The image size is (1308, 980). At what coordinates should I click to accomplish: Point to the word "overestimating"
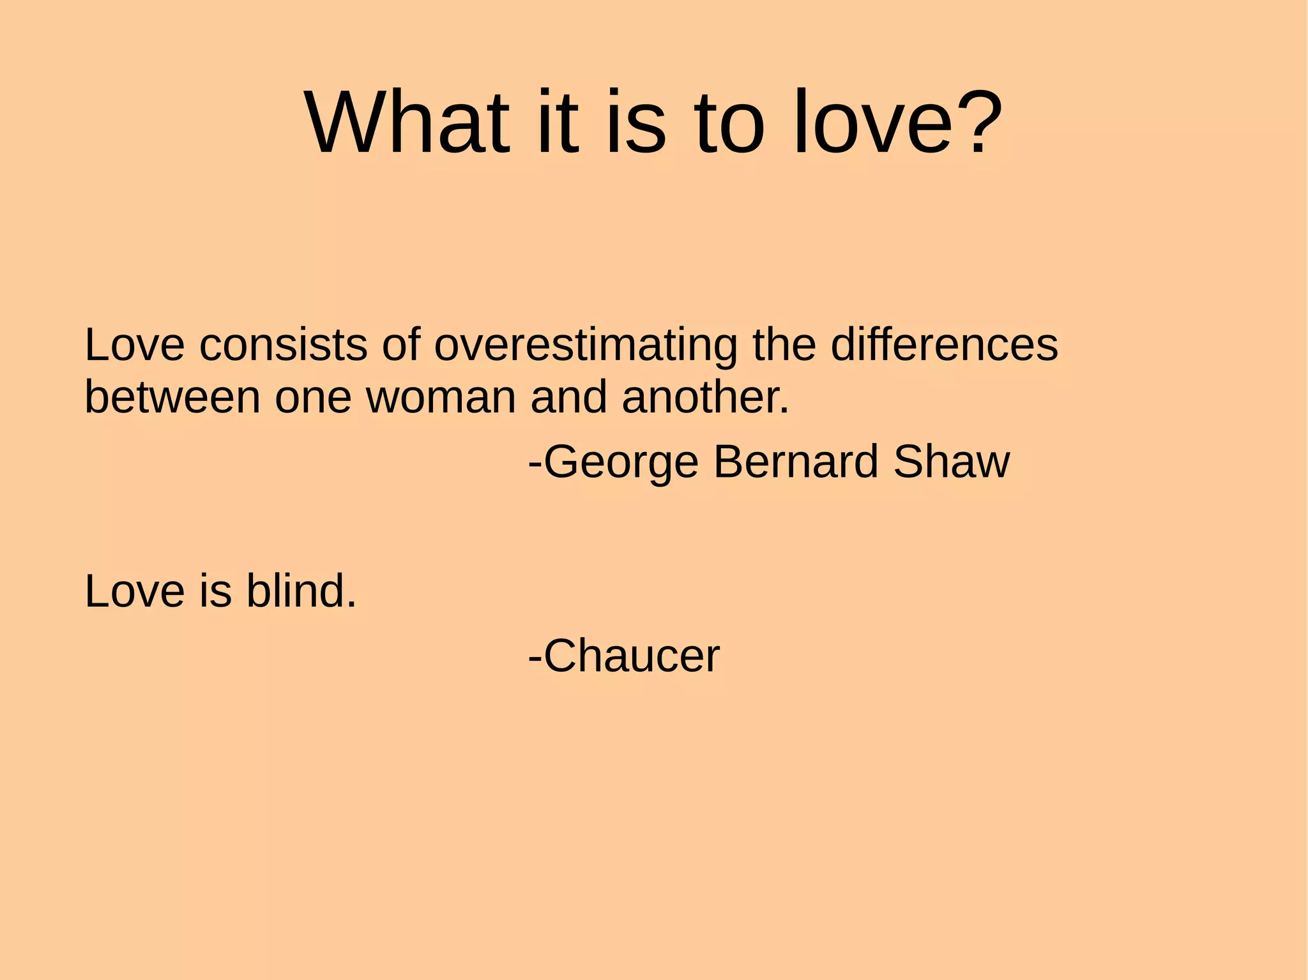tap(586, 345)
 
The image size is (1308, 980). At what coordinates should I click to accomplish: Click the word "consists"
tap(283, 345)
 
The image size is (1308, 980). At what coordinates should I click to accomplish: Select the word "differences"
tap(944, 345)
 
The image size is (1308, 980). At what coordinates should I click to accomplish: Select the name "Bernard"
tap(796, 461)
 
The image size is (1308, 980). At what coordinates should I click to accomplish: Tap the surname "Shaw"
tap(952, 461)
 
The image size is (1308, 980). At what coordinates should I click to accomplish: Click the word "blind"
tap(301, 591)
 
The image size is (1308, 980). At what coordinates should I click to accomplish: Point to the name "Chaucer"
tap(632, 656)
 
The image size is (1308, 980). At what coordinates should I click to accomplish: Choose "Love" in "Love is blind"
tap(135, 591)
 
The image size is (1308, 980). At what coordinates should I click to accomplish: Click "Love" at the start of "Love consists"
tap(135, 345)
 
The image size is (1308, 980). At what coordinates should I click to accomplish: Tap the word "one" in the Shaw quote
tap(313, 398)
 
